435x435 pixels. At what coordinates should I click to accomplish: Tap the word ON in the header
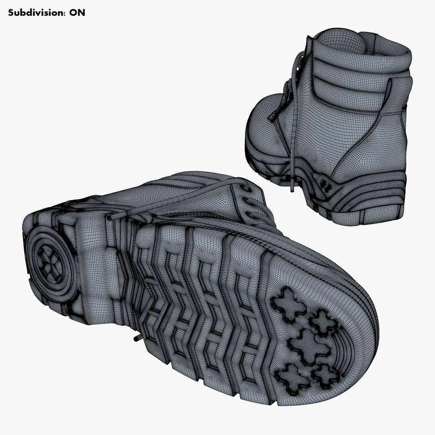pyautogui.click(x=77, y=12)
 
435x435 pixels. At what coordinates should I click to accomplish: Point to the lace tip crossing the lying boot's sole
pyautogui.click(x=110, y=217)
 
